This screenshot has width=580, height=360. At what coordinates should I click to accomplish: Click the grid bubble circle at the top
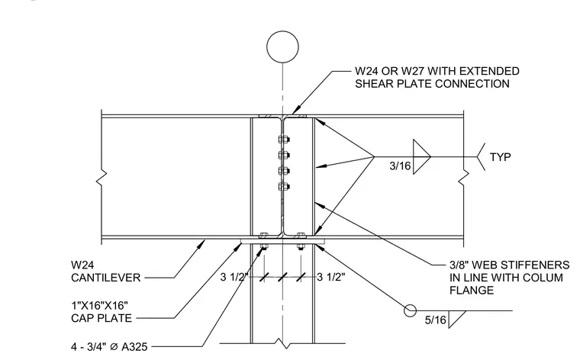pos(282,31)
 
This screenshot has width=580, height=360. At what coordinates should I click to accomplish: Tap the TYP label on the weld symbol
pos(501,157)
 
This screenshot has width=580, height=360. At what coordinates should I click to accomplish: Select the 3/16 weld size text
pos(400,166)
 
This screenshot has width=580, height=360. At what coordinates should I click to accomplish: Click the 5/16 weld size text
pos(435,320)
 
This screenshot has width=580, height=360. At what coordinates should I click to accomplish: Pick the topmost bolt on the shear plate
pos(284,140)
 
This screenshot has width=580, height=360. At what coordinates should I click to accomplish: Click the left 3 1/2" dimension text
pos(234,277)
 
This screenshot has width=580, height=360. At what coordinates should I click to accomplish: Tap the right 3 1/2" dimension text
pos(331,277)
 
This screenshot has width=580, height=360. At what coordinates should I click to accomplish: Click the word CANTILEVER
pos(106,278)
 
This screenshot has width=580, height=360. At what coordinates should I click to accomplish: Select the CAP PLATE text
pos(101,318)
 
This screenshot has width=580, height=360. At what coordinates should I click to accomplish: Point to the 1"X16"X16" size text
pos(99,306)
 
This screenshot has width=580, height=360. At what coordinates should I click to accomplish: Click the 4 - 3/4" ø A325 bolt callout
pos(109,347)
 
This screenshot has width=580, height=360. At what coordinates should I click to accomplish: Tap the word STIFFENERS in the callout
pos(535,265)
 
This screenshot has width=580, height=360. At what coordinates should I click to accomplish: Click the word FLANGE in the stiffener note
pos(472,290)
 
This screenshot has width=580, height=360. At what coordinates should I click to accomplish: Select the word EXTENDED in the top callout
pos(488,71)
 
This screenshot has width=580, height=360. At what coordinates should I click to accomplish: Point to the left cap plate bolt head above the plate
pos(263,236)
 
